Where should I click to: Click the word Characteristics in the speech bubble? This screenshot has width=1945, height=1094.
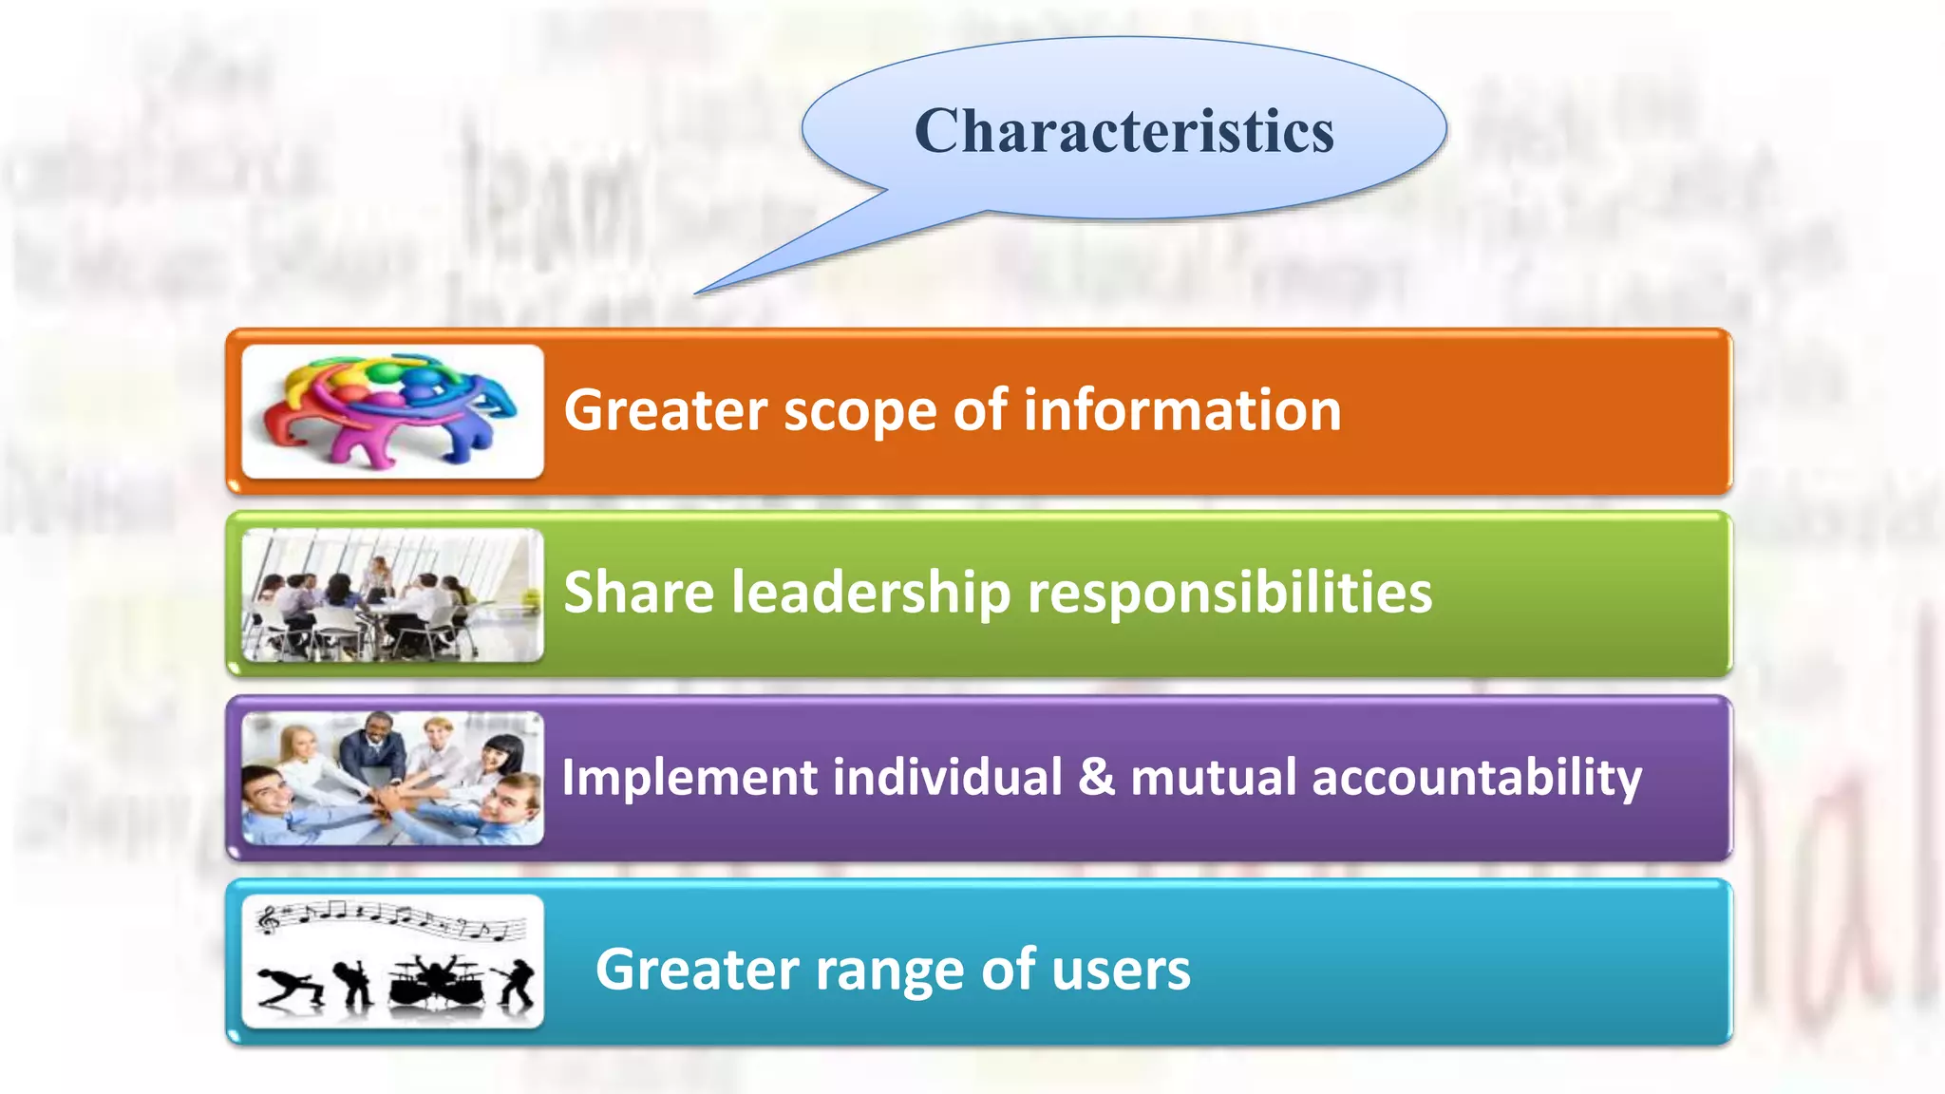coord(1124,130)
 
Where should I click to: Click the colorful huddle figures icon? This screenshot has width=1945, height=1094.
coord(392,410)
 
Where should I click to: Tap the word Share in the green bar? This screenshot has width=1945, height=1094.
coord(638,593)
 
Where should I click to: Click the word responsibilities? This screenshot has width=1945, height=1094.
coord(1230,594)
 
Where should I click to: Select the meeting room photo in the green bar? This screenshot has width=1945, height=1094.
coord(392,594)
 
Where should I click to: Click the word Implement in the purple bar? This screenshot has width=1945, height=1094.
coord(689,778)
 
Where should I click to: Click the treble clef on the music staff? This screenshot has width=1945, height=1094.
coord(269,918)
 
